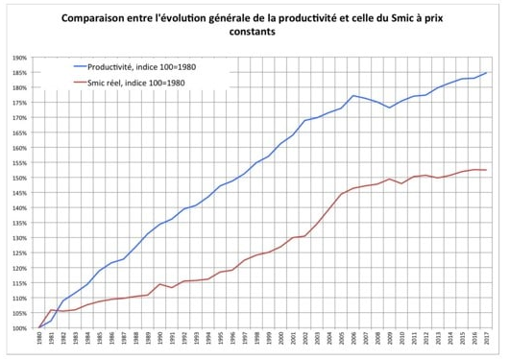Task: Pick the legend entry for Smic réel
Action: coord(144,83)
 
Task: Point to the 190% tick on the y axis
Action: coord(18,58)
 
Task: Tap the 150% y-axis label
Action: coord(18,178)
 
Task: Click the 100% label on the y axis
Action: coord(18,328)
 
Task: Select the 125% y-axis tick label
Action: coord(18,253)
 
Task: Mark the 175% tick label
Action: coord(18,103)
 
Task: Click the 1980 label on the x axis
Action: coord(39,344)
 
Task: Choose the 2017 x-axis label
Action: coord(487,344)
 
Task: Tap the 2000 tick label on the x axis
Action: coord(281,344)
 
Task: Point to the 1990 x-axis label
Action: coord(160,344)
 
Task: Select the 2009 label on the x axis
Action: coord(390,344)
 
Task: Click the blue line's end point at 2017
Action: coord(487,73)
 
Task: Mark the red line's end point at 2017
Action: coord(487,170)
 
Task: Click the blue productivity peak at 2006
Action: coord(354,96)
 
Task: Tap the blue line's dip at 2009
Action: coord(390,108)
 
